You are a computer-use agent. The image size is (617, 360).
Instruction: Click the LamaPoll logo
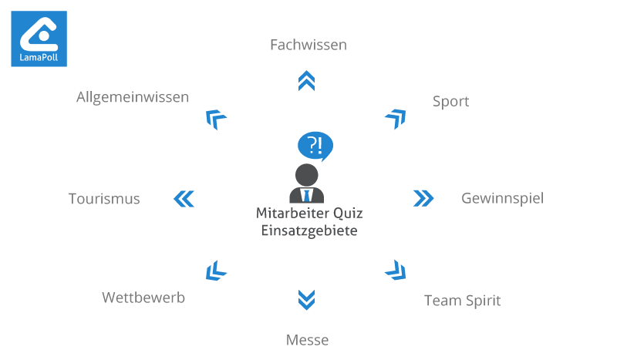(x=39, y=39)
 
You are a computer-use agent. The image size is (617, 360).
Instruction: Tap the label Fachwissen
(x=308, y=45)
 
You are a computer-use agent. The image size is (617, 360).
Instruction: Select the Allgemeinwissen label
(x=133, y=98)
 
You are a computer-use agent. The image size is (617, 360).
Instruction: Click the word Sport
(x=451, y=102)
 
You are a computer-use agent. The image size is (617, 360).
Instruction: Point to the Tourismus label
(x=104, y=199)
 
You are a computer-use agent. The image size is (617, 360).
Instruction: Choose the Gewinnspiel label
(x=503, y=199)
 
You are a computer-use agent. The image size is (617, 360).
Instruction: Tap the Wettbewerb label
(x=143, y=298)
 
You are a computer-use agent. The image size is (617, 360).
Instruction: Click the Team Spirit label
(x=462, y=301)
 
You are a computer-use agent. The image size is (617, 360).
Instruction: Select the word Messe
(x=307, y=340)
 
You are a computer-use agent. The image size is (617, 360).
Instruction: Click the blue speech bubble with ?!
(x=315, y=146)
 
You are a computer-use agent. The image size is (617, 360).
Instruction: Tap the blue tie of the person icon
(x=306, y=196)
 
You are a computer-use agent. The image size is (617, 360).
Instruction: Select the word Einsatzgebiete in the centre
(x=309, y=231)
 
